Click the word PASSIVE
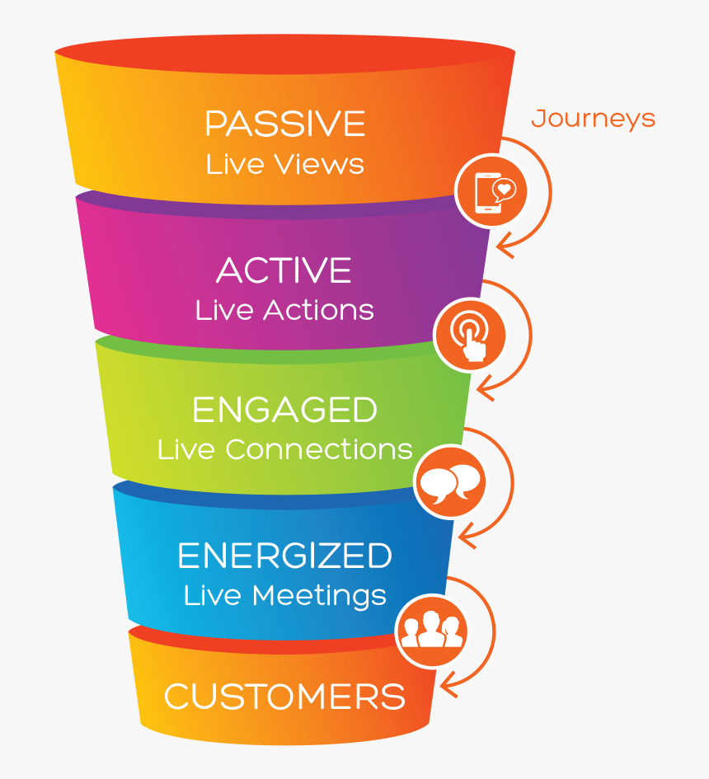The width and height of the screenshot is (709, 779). coord(284,124)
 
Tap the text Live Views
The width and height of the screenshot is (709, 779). coord(284,163)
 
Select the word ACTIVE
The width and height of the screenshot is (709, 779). coord(284,270)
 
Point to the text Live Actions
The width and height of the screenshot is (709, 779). coord(284,310)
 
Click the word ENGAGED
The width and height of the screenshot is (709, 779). coord(284,411)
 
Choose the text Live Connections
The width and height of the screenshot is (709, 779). coord(284,449)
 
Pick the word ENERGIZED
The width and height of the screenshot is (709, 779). coord(284,556)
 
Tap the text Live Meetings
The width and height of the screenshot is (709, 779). coord(284,595)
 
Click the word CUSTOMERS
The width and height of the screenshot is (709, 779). coord(284,697)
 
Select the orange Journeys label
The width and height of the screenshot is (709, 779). coord(593,119)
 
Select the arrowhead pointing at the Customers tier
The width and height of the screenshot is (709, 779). coord(450,681)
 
